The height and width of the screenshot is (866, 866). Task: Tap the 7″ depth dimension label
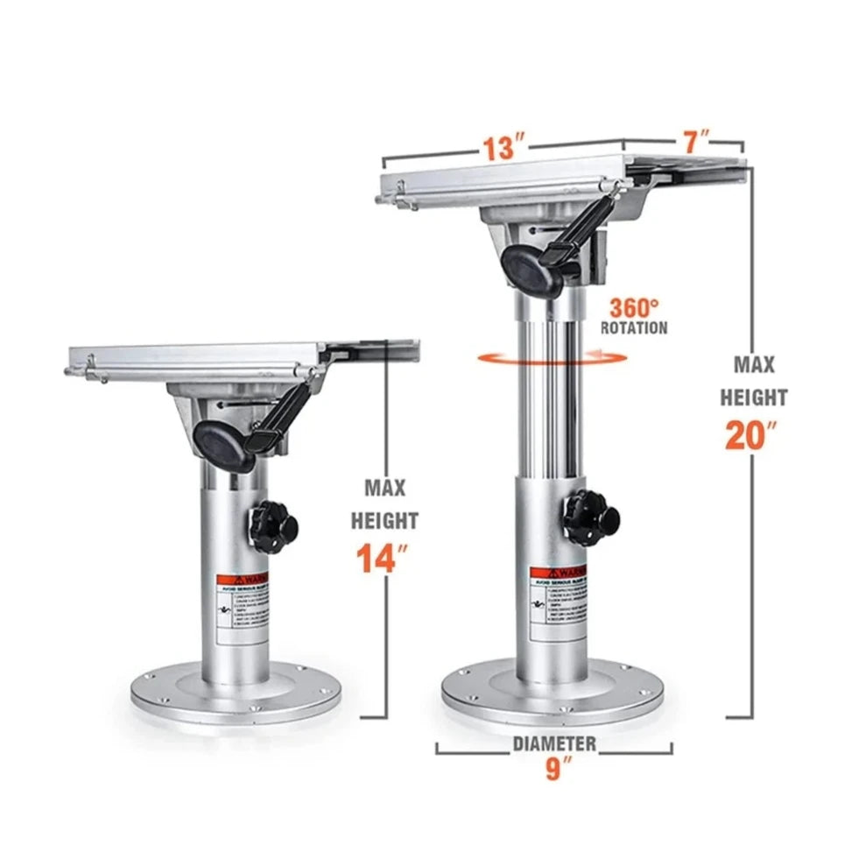[696, 140]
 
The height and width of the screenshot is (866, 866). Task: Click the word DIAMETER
[554, 744]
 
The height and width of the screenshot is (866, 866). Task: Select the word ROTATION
[634, 327]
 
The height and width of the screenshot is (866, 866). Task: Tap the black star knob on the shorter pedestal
[273, 526]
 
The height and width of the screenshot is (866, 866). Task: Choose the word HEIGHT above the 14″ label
[384, 520]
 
